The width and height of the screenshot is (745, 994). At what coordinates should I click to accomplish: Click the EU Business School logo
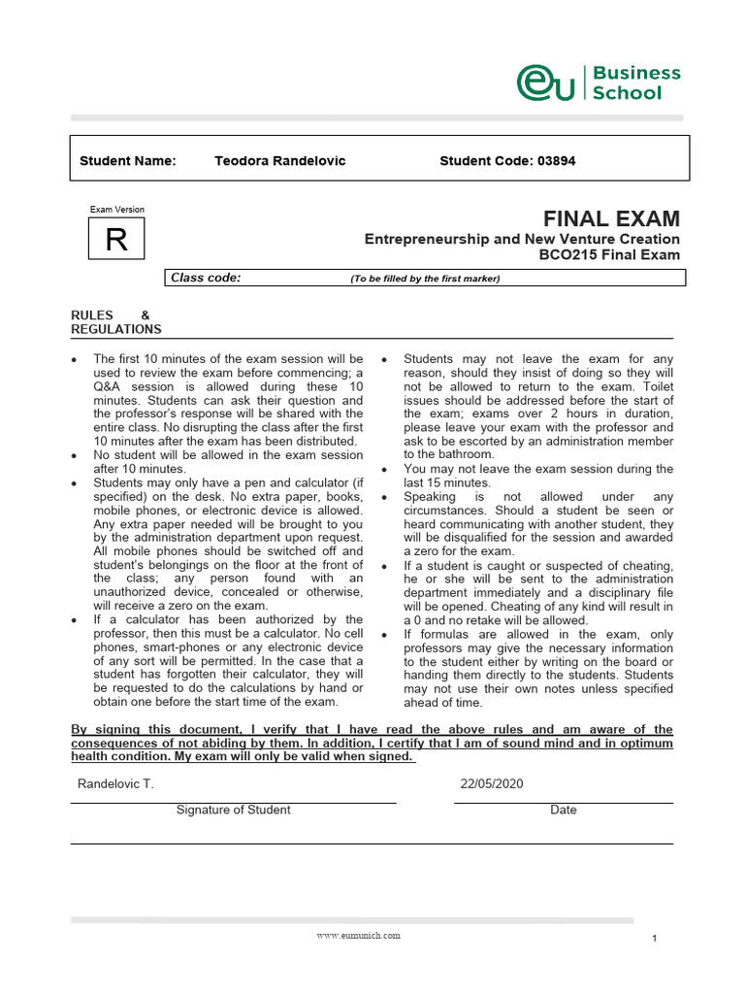pyautogui.click(x=598, y=83)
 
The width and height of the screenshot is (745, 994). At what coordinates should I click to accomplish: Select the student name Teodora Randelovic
pyautogui.click(x=279, y=160)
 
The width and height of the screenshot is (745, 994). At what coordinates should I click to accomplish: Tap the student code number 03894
pyautogui.click(x=556, y=160)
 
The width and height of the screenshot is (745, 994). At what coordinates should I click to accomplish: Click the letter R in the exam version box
pyautogui.click(x=116, y=240)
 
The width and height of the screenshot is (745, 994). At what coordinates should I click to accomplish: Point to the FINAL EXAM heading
pyautogui.click(x=611, y=218)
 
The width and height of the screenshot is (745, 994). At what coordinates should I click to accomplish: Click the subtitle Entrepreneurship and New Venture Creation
pyautogui.click(x=522, y=239)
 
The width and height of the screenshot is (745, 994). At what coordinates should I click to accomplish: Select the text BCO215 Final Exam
pyautogui.click(x=609, y=255)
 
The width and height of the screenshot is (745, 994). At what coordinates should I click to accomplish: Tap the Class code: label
pyautogui.click(x=206, y=278)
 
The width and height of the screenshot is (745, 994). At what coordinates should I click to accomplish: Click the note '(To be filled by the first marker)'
pyautogui.click(x=425, y=279)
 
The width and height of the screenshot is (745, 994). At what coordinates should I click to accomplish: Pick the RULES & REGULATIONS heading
pyautogui.click(x=116, y=322)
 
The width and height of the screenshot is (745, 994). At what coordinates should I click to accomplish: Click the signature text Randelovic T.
pyautogui.click(x=114, y=784)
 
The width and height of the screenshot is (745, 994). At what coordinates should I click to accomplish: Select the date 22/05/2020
pyautogui.click(x=492, y=784)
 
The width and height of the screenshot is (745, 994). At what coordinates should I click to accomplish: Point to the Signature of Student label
pyautogui.click(x=233, y=810)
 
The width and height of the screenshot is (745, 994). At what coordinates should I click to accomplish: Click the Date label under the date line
pyautogui.click(x=563, y=810)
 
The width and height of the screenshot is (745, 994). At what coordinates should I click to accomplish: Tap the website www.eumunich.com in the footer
pyautogui.click(x=358, y=936)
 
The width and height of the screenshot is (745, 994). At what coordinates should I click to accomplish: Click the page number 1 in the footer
pyautogui.click(x=655, y=939)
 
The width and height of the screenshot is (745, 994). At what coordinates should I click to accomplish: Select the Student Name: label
pyautogui.click(x=127, y=160)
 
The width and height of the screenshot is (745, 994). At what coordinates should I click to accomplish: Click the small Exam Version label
pyautogui.click(x=116, y=209)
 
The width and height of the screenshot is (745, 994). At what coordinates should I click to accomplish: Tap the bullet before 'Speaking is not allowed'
pyautogui.click(x=385, y=497)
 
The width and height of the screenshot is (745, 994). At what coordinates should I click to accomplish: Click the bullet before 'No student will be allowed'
pyautogui.click(x=75, y=455)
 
